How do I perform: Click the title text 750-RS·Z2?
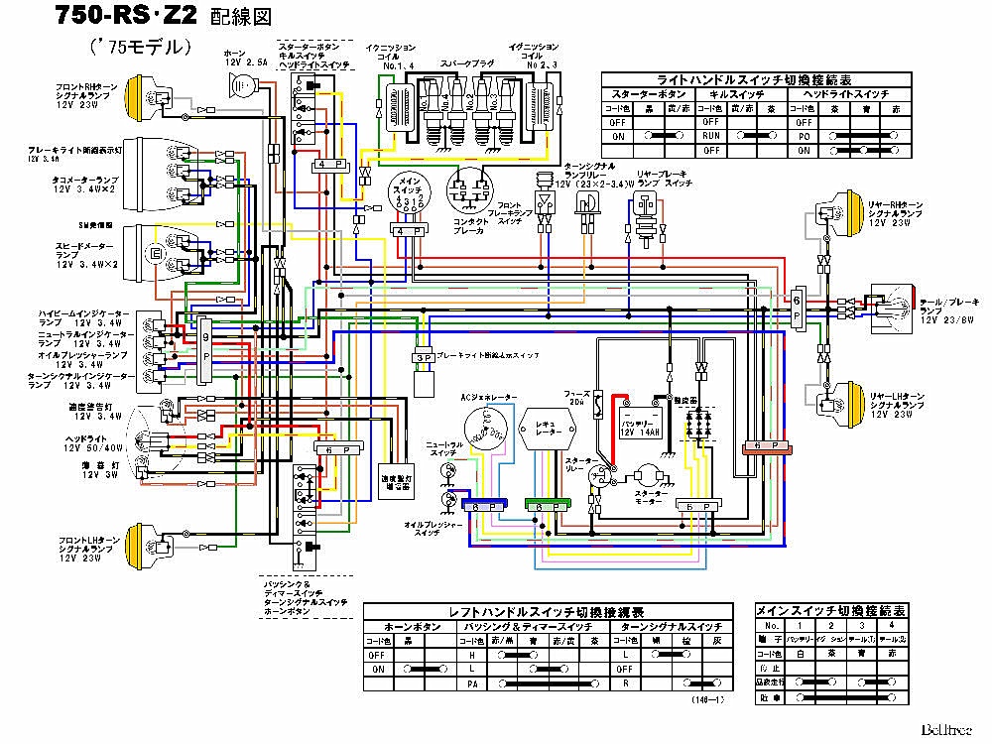click(x=115, y=18)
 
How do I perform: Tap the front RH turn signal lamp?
click(x=140, y=97)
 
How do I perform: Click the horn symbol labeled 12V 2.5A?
click(x=241, y=90)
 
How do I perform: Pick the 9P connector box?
click(x=205, y=348)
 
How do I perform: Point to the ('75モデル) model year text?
click(x=139, y=47)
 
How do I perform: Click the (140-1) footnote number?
click(x=707, y=699)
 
